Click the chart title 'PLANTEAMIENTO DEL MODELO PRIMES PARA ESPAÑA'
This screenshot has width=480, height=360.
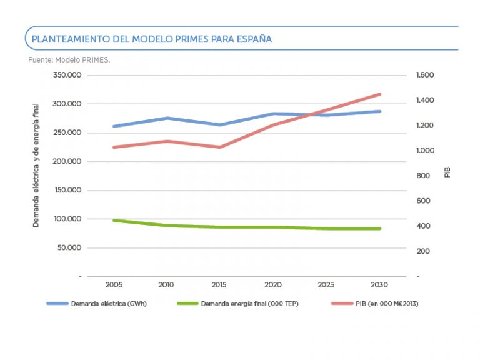pyautogui.click(x=152, y=39)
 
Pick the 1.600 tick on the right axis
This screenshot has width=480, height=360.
pyautogui.click(x=424, y=75)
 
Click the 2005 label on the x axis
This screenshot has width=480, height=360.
pyautogui.click(x=114, y=285)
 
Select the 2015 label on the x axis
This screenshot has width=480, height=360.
pyautogui.click(x=219, y=285)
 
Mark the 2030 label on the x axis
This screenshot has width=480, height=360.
pyautogui.click(x=379, y=285)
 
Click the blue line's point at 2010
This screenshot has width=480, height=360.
pyautogui.click(x=167, y=118)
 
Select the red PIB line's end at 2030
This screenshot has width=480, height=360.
pyautogui.click(x=379, y=94)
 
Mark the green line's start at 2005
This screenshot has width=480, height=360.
pyautogui.click(x=114, y=220)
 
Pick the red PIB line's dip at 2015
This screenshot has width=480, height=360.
pyautogui.click(x=219, y=147)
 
